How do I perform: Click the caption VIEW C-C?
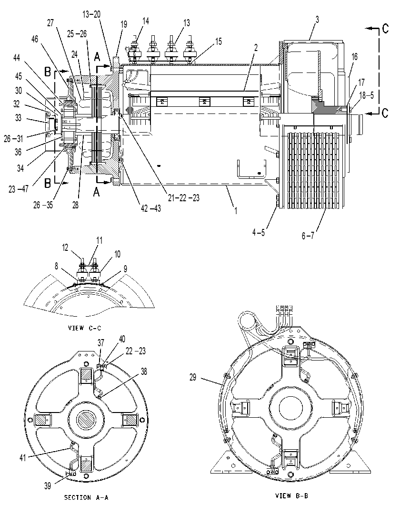tap(84, 328)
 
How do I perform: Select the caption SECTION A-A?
tap(86, 497)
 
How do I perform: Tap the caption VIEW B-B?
tap(291, 495)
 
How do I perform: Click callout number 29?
tap(193, 377)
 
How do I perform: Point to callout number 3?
tap(317, 20)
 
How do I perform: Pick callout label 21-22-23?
tap(183, 198)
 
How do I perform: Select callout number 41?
tap(23, 458)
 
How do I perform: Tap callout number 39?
tap(48, 486)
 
